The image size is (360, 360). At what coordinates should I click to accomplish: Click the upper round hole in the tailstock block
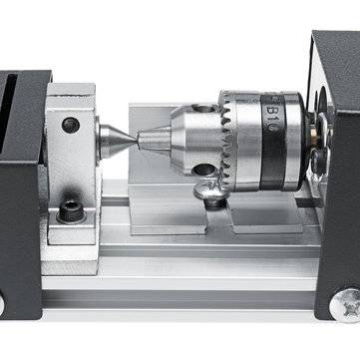(69, 125)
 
